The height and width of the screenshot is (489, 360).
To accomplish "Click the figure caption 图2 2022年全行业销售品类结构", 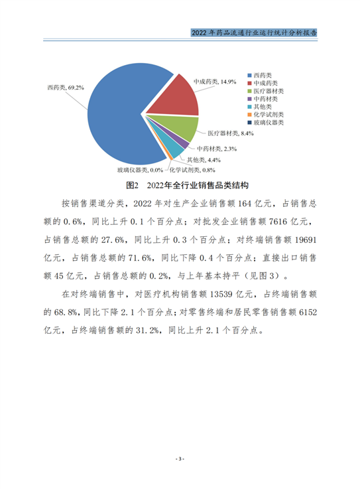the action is pos(178,184).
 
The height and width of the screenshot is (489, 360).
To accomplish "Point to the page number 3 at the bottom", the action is pos(179,458).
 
